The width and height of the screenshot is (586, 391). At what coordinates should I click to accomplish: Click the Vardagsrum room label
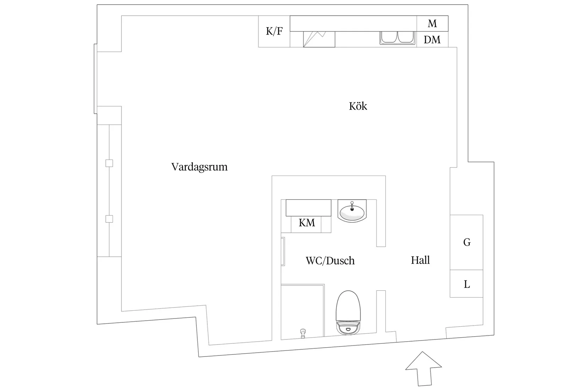199,167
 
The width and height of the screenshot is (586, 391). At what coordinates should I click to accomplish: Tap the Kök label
358,106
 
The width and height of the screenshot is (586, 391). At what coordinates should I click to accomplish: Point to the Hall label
420,260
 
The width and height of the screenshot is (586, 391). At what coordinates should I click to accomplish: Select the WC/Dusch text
330,261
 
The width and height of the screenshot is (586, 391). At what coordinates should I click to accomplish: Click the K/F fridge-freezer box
274,31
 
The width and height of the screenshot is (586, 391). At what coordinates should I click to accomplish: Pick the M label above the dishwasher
432,23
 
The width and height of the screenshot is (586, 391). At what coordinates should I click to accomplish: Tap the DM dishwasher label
432,40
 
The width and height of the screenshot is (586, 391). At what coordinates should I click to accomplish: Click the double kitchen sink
398,38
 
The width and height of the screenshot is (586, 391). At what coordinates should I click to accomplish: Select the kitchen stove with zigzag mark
319,39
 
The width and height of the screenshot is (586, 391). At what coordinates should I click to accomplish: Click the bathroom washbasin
352,211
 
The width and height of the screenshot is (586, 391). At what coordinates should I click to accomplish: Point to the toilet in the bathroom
348,312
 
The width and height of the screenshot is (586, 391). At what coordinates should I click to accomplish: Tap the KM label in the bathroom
306,223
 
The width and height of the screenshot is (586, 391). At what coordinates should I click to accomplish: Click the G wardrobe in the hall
466,242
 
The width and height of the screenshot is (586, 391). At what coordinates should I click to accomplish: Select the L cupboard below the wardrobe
466,284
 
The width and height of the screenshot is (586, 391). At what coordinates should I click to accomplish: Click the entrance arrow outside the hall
424,369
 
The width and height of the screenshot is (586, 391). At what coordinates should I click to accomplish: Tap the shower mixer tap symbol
303,333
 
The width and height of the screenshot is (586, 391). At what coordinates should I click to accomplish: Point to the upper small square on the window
109,163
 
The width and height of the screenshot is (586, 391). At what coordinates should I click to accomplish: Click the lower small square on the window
109,219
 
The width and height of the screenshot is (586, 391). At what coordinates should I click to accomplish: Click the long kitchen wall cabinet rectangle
353,23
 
